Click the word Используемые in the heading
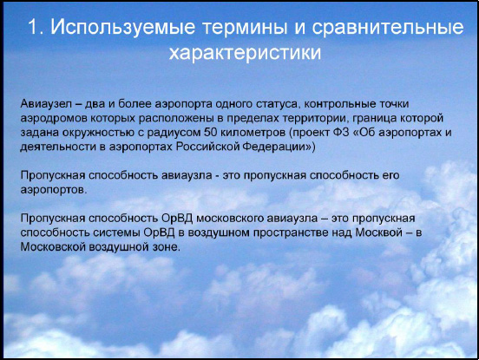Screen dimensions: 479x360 tap(123, 28)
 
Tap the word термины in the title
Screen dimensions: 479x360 tap(245, 28)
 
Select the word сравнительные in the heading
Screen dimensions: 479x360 tap(388, 28)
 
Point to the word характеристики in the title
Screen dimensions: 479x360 tap(245, 53)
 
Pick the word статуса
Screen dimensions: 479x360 tap(277, 104)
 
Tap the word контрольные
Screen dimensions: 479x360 tap(339, 104)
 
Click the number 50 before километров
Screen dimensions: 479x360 tap(211, 133)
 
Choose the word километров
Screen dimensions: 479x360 tap(253, 133)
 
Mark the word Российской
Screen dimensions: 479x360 tap(207, 147)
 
